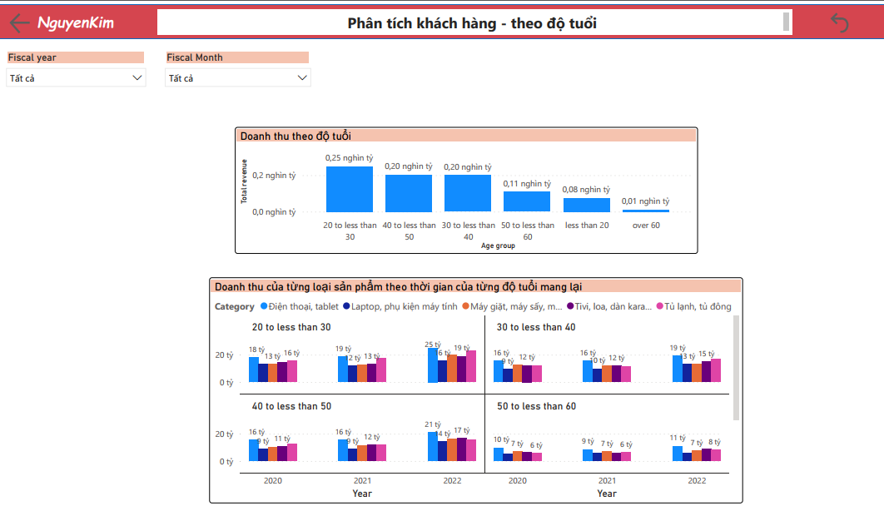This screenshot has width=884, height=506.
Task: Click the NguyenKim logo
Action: pyautogui.click(x=76, y=22)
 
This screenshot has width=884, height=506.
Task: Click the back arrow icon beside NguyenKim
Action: pyautogui.click(x=19, y=22)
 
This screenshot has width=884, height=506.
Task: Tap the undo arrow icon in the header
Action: pyautogui.click(x=840, y=22)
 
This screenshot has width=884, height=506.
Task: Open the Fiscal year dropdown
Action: pyautogui.click(x=76, y=78)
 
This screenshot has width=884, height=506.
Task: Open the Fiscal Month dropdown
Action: pyautogui.click(x=238, y=78)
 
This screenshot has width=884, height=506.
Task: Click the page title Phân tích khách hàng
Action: pyautogui.click(x=471, y=23)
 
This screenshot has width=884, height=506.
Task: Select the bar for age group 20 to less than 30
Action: pyautogui.click(x=350, y=189)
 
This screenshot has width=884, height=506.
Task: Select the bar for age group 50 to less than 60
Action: pyautogui.click(x=527, y=201)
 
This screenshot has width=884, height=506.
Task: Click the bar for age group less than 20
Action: pyautogui.click(x=587, y=205)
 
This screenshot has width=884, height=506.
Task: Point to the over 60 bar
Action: pyautogui.click(x=646, y=211)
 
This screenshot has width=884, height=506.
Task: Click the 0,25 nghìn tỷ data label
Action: pyautogui.click(x=350, y=158)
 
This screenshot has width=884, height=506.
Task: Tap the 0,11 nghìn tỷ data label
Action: pyautogui.click(x=527, y=184)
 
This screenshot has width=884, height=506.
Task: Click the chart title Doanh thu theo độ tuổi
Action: pyautogui.click(x=295, y=136)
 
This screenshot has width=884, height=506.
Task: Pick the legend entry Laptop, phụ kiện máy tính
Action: pyautogui.click(x=399, y=306)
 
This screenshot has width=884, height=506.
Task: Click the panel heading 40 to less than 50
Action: pyautogui.click(x=291, y=406)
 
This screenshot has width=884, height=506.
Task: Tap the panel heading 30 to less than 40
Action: pyautogui.click(x=536, y=327)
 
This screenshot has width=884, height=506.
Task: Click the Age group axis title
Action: pyautogui.click(x=498, y=246)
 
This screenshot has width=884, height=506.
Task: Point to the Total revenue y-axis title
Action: pyautogui.click(x=244, y=181)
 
